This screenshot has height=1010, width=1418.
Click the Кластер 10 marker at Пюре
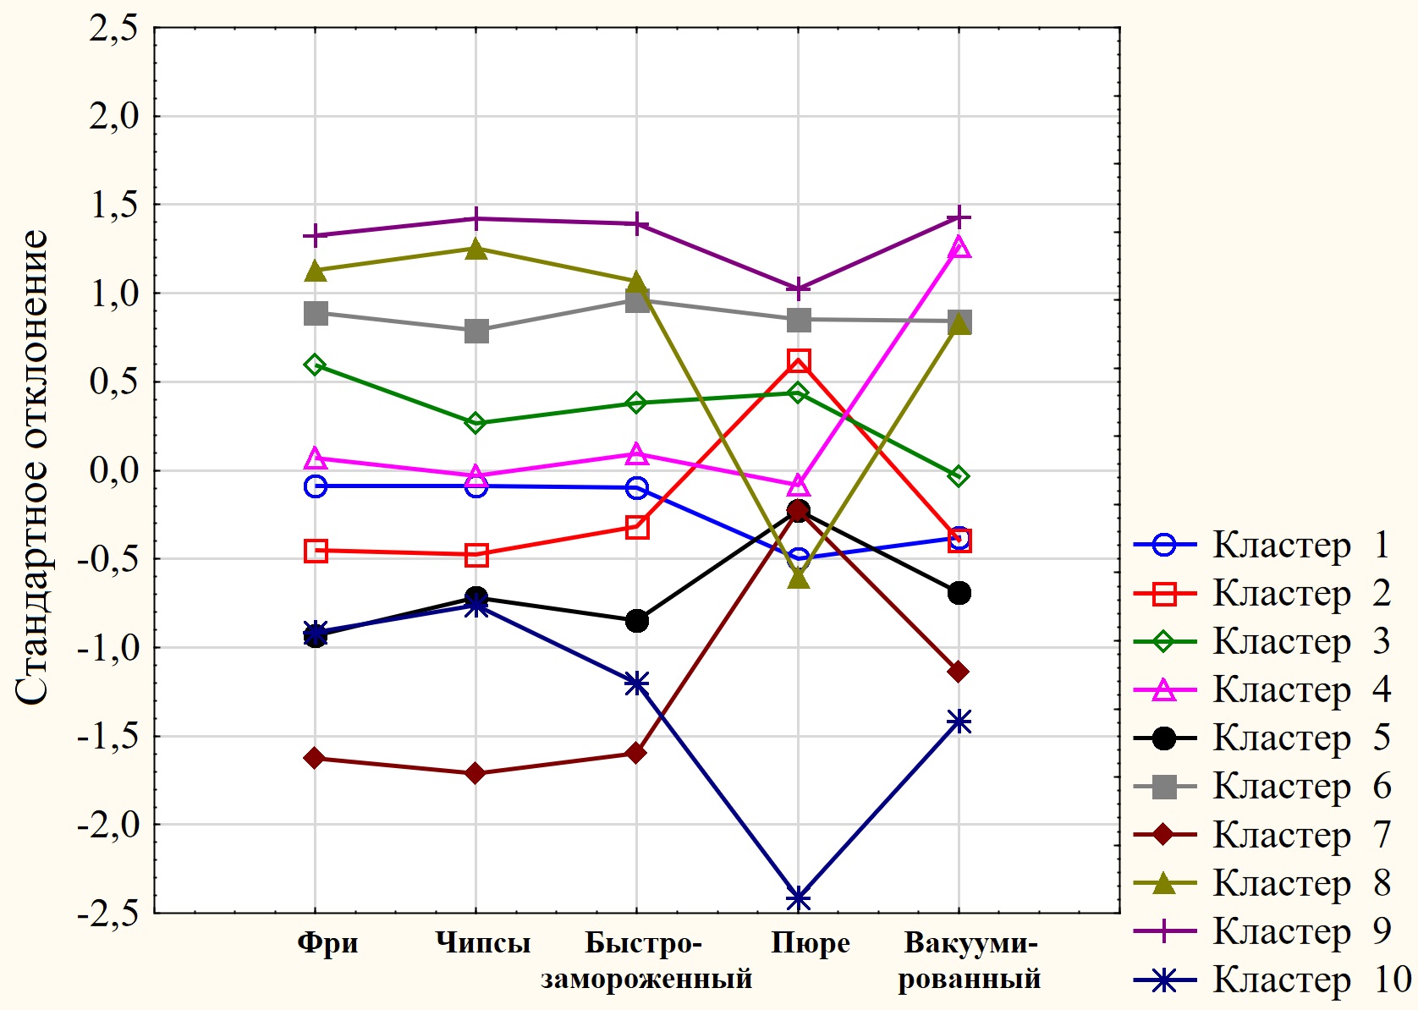click(x=798, y=898)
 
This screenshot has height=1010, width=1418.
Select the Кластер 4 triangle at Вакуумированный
click(x=959, y=248)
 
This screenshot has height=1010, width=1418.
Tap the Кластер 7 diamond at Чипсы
click(x=475, y=773)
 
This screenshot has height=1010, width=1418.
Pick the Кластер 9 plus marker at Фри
click(x=316, y=235)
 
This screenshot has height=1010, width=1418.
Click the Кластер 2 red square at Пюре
click(x=798, y=361)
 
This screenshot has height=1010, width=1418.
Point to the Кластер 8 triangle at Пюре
click(x=798, y=579)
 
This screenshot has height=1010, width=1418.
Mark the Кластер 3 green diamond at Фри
click(x=316, y=365)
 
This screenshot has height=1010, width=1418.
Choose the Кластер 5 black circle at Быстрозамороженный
click(x=637, y=621)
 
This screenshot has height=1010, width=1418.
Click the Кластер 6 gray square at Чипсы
click(x=476, y=331)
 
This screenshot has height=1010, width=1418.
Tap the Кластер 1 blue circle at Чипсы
click(x=476, y=486)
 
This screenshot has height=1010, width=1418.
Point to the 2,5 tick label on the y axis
click(x=114, y=29)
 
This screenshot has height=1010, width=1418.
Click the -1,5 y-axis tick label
click(x=108, y=737)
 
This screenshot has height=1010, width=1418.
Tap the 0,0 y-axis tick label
click(x=114, y=471)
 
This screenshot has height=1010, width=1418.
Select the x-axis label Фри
click(x=328, y=943)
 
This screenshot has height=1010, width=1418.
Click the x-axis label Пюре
click(x=810, y=943)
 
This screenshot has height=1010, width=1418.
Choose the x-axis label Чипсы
click(x=483, y=943)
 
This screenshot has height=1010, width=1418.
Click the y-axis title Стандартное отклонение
click(x=32, y=467)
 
